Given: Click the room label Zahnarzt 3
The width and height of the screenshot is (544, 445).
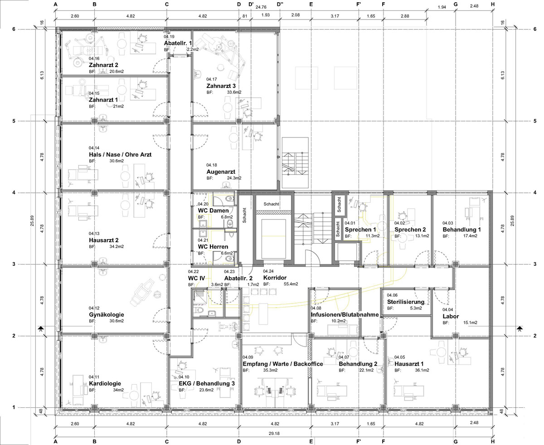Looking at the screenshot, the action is (x=221, y=86).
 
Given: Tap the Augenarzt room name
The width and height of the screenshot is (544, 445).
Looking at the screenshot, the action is (x=221, y=171).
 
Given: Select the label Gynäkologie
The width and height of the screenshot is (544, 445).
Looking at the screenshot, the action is (x=106, y=315).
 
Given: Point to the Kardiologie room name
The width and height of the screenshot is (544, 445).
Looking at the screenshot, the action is (x=105, y=383).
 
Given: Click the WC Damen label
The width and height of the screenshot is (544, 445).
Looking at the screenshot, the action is (x=213, y=210).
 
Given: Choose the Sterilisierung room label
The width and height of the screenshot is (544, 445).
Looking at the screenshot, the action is (x=405, y=302).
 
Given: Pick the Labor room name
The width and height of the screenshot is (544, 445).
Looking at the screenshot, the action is (x=451, y=316).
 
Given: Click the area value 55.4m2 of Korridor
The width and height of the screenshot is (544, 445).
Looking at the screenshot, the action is (x=291, y=284).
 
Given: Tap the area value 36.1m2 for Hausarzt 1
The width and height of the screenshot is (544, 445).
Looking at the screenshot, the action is (x=422, y=370).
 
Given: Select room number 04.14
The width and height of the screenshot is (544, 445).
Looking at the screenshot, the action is (x=94, y=148).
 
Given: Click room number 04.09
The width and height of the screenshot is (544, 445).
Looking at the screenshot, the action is (x=248, y=357).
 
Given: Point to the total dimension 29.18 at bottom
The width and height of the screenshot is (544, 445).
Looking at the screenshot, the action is (x=274, y=433).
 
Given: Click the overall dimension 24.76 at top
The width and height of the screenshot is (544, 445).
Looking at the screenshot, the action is (x=261, y=7).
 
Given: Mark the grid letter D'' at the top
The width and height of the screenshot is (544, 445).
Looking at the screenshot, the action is (x=280, y=4).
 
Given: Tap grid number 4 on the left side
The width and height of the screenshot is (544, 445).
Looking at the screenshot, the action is (x=14, y=192).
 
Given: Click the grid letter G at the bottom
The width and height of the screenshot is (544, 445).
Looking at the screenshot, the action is (x=456, y=442).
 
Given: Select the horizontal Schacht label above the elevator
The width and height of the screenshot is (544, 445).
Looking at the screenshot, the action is (x=271, y=204).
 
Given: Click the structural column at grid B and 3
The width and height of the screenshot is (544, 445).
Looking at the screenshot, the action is (x=94, y=264).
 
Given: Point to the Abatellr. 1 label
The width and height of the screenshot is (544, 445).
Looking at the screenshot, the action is (x=178, y=43).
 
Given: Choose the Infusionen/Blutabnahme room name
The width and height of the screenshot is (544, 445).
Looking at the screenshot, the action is (x=345, y=315).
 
